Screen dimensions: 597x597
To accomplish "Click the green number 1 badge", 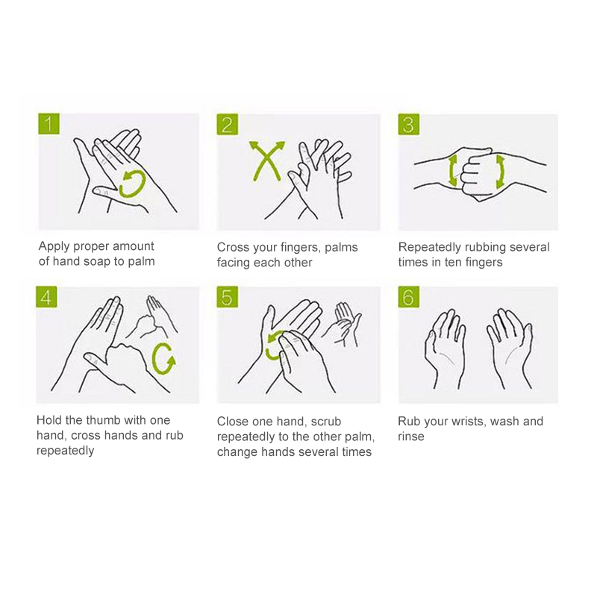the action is coord(49,124).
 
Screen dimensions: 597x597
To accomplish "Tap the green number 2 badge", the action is coord(228,124).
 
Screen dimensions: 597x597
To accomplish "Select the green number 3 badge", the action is coord(408,124).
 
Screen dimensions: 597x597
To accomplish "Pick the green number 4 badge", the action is coord(46,296).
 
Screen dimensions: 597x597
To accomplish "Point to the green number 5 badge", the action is coord(228,297).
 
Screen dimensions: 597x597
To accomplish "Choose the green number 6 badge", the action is coord(408,297).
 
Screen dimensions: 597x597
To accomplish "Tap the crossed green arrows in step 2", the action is coord(267,162).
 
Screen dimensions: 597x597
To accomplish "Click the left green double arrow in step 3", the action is coord(451,171).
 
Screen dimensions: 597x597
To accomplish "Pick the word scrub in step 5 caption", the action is coord(326,421).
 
